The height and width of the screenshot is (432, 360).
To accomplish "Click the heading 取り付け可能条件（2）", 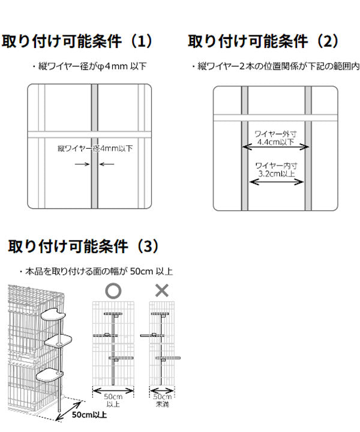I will (263, 41).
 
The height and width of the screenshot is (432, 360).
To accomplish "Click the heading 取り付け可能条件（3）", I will (83, 246).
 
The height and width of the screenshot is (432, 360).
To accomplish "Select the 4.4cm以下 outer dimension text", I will (275, 143).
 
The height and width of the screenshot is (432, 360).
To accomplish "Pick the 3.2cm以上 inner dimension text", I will (275, 173).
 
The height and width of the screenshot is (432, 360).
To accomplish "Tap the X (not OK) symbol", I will (162, 291).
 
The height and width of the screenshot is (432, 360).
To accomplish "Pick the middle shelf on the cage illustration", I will (59, 341).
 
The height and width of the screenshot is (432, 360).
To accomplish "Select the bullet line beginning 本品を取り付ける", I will (96, 271).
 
